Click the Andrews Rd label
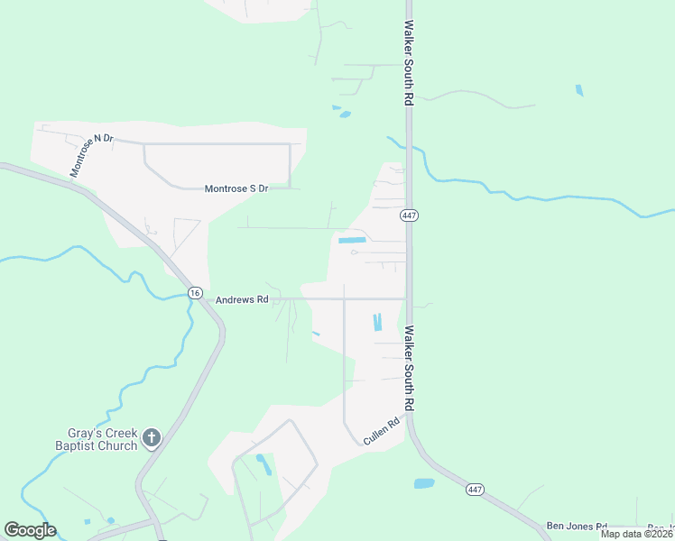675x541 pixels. pos(242,299)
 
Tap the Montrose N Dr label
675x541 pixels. pos(92,154)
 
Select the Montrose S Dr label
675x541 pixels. pos(236,188)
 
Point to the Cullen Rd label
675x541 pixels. pos(381,432)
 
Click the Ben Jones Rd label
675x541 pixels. pos(577,525)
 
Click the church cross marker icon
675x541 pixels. pos(152,439)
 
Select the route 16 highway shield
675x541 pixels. pos(195,293)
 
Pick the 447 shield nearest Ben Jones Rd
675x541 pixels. pos(476,489)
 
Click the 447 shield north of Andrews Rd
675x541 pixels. pos(409,215)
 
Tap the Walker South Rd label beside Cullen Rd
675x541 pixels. pos(409,368)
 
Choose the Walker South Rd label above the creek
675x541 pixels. pos(409,63)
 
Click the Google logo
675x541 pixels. pos(30,530)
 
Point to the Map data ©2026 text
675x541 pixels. pos(636,534)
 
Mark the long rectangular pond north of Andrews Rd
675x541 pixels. pos(351,240)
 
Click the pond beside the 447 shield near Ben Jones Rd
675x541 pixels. pos(424,483)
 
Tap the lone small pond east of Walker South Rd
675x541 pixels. pos(579,90)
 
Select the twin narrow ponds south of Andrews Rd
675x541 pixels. pos(377,322)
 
